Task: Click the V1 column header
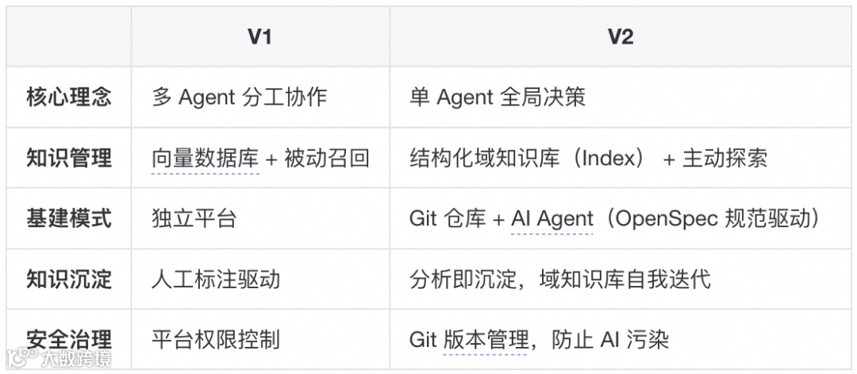click(259, 37)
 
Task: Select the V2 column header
click(621, 37)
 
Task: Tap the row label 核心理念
click(69, 97)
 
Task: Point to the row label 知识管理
click(69, 158)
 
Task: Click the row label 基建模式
click(69, 218)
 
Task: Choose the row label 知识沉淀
click(69, 279)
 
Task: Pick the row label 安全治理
click(69, 339)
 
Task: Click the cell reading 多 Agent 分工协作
click(239, 97)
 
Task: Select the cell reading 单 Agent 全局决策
click(498, 97)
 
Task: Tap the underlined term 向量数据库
click(206, 158)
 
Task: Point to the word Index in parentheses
click(611, 158)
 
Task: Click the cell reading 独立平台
click(194, 218)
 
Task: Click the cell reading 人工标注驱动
click(216, 279)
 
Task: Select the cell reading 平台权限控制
click(216, 339)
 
